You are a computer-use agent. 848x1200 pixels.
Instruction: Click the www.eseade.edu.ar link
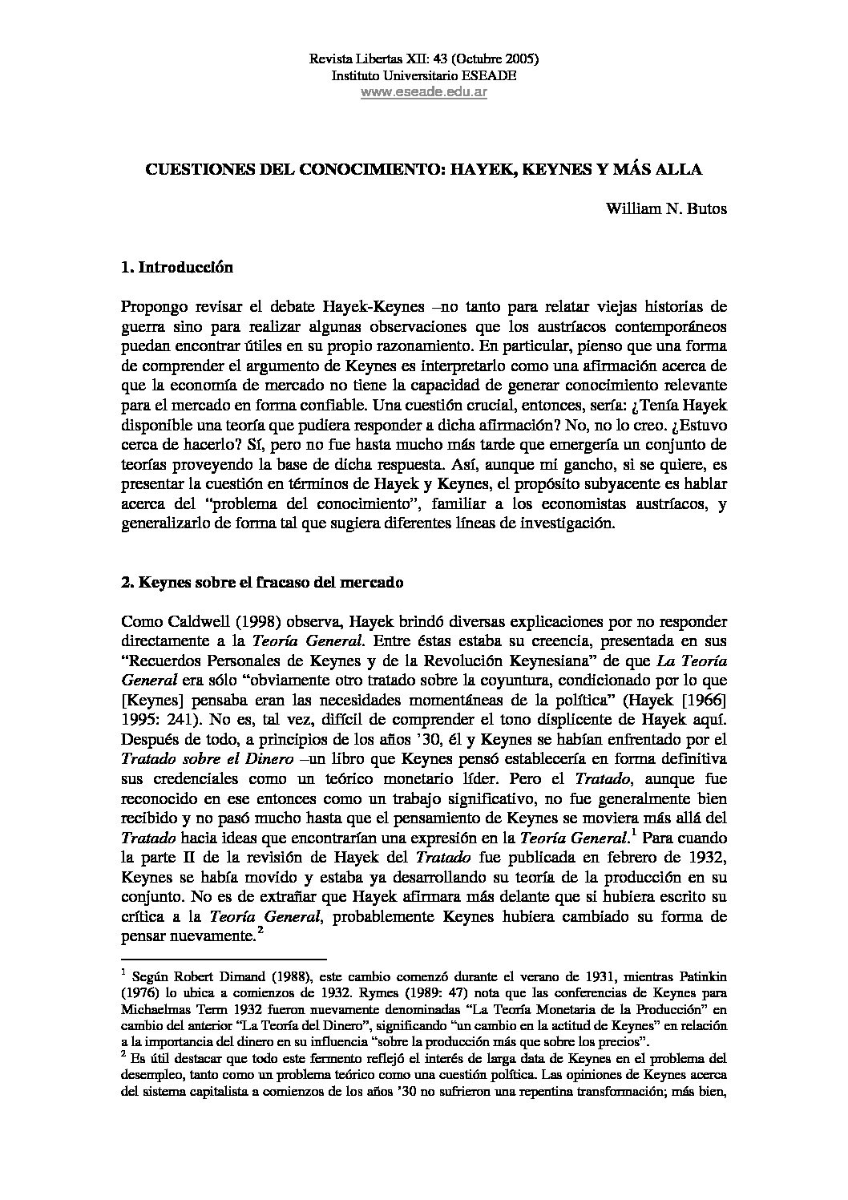(424, 92)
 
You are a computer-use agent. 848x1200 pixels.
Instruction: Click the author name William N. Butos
(666, 210)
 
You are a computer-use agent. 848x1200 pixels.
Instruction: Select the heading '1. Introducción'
(176, 268)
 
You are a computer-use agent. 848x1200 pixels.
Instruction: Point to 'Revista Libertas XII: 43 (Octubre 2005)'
(424, 59)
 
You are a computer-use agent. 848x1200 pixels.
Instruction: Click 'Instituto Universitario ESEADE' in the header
(424, 75)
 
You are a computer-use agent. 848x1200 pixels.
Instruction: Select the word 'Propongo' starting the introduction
(152, 307)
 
